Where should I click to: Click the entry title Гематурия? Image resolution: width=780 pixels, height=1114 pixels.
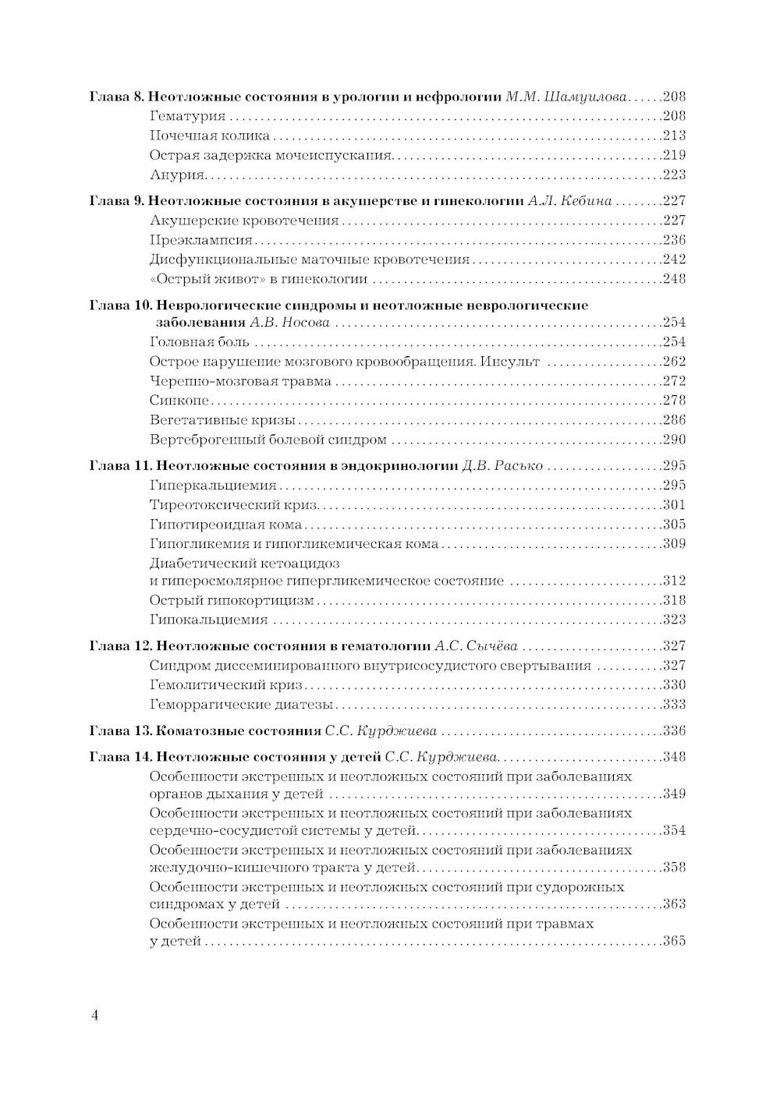coord(187,116)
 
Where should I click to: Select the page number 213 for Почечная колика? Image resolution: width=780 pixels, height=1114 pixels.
coord(673,136)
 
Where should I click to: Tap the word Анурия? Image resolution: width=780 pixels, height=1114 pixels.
coord(177,175)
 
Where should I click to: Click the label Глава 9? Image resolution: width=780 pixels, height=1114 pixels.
coord(116,201)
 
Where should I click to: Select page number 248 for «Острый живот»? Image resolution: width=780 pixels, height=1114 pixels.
coord(673,279)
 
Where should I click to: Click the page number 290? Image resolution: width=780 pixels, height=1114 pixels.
coord(673,440)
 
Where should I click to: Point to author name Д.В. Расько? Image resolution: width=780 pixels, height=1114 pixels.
coord(502,466)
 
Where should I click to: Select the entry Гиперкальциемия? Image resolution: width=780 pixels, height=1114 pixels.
coord(207,486)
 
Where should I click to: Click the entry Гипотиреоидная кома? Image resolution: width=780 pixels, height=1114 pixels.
coord(225,525)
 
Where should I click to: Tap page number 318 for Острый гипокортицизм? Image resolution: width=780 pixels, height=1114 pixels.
coord(673,600)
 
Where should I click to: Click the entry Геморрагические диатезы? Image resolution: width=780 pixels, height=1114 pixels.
coord(241,705)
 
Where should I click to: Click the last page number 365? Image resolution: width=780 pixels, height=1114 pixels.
coord(673,942)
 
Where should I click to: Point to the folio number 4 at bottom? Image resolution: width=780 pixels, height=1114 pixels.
coord(94,1015)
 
